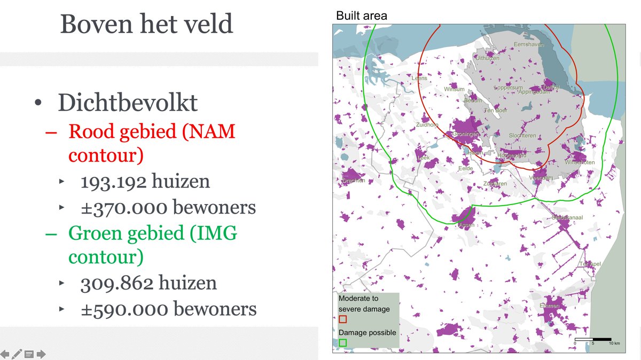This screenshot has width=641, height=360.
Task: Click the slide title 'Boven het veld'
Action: [146, 24]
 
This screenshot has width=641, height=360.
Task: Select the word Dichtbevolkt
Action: [128, 103]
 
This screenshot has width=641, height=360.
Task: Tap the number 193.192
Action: [113, 182]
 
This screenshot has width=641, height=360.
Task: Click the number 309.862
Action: [113, 283]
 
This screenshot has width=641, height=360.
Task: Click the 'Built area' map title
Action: [361, 16]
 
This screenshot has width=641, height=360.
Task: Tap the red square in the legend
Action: [343, 319]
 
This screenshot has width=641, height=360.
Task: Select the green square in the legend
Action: [343, 342]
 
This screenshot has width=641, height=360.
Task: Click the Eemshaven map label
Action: [528, 45]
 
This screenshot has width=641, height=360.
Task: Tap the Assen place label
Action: [466, 225]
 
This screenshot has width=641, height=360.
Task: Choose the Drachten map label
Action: [353, 181]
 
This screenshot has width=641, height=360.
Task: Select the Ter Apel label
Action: [590, 264]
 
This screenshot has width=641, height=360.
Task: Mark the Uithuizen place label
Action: [487, 58]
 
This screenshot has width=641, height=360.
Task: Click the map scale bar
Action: [593, 339]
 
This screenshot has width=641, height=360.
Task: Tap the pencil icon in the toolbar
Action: [17, 354]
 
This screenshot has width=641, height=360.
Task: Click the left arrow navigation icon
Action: [5, 354]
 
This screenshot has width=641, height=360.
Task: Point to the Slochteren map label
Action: [522, 136]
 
